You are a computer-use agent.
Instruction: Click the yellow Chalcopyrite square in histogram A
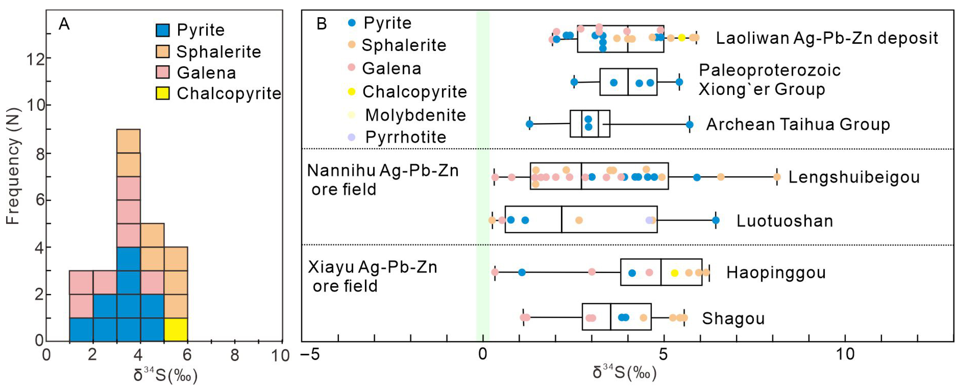click(x=176, y=329)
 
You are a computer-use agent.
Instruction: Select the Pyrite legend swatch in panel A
click(x=163, y=30)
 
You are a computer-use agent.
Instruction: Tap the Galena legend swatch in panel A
click(x=163, y=72)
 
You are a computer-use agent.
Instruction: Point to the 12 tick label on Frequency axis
click(x=34, y=59)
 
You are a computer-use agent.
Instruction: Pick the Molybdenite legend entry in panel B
click(x=415, y=115)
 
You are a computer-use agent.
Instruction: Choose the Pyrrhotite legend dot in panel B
click(x=351, y=137)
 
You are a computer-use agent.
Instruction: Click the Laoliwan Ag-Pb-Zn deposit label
click(x=827, y=38)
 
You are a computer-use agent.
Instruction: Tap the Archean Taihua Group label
click(x=798, y=124)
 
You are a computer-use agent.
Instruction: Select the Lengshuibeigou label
click(x=854, y=177)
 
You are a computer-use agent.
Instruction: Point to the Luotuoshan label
click(x=785, y=221)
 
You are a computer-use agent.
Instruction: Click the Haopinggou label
click(x=776, y=272)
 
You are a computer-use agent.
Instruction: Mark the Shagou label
click(x=733, y=318)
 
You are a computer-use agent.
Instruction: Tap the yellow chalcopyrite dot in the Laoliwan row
click(x=682, y=38)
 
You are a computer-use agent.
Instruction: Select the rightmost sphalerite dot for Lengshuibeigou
click(x=777, y=177)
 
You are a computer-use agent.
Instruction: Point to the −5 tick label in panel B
click(x=310, y=354)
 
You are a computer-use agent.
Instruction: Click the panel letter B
click(x=321, y=24)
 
